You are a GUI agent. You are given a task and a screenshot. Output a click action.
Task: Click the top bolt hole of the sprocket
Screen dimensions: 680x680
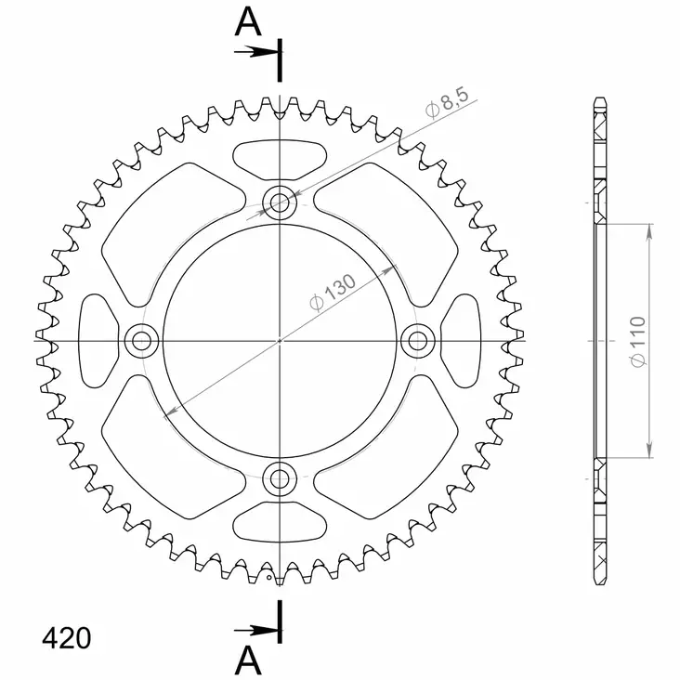tap(280, 203)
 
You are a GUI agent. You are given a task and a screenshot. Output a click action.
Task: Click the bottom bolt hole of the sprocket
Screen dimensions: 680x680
tap(280, 479)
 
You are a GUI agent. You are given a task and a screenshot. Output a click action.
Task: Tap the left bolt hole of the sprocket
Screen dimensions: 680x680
tap(141, 341)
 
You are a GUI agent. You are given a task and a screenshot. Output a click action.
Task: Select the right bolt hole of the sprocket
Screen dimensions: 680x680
tap(418, 341)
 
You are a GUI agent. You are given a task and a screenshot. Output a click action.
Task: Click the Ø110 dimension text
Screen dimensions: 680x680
tap(636, 341)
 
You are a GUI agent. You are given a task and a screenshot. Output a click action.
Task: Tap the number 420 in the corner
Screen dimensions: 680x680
tap(66, 639)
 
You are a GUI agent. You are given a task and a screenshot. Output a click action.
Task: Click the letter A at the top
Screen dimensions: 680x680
tap(247, 20)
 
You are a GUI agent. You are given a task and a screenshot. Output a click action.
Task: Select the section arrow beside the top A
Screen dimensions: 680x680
tap(256, 53)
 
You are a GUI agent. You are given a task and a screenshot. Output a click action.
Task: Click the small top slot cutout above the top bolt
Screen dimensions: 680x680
tap(280, 158)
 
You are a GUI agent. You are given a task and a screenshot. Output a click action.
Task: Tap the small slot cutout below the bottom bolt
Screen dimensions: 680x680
tap(280, 523)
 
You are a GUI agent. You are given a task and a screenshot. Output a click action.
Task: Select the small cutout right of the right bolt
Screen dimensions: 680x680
tap(462, 341)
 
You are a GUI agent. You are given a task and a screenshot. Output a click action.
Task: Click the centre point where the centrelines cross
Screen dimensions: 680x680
tap(280, 341)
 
